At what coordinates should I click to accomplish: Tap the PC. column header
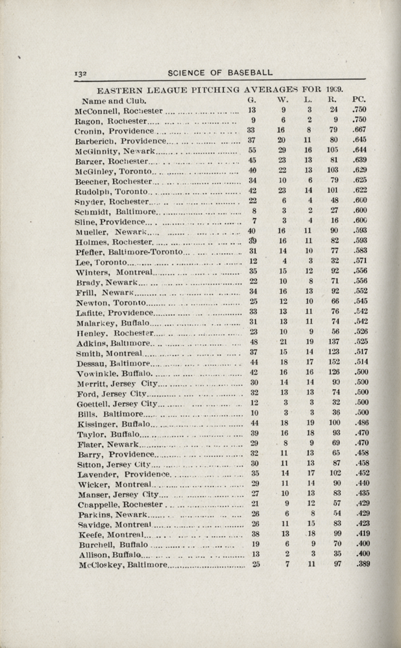tap(360, 100)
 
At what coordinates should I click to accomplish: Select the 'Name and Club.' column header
tap(115, 101)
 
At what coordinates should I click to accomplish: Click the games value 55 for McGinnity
tap(252, 150)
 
